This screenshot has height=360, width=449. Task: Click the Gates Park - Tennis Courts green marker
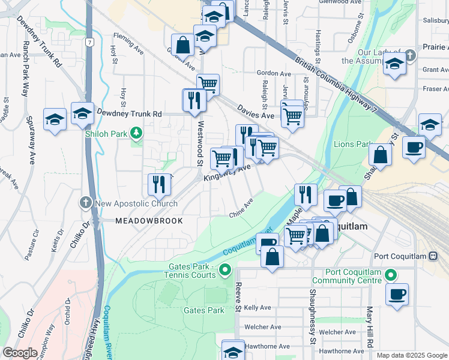[x=225, y=271]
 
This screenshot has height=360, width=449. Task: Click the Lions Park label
[x=349, y=144]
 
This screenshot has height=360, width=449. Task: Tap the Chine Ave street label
[x=241, y=208]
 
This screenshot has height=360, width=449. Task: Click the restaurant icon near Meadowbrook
[x=159, y=184]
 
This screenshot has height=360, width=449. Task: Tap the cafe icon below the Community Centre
[x=397, y=295]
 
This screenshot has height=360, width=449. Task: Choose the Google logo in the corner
[x=20, y=353]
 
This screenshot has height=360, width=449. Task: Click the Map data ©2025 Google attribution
[x=412, y=355]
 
